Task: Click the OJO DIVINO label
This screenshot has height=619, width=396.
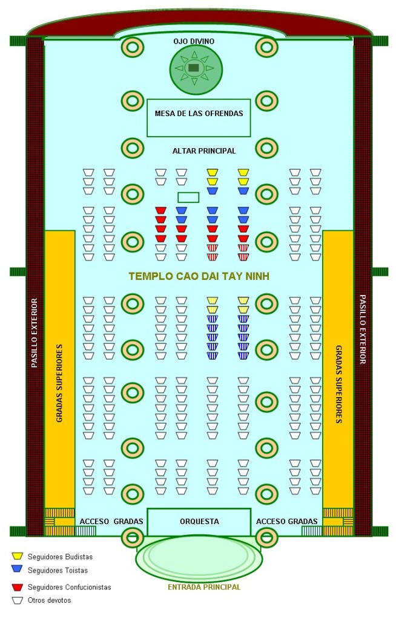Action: coord(194,42)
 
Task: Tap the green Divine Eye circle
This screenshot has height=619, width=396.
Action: coord(196,69)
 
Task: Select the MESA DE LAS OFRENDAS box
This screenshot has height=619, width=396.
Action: coord(199,118)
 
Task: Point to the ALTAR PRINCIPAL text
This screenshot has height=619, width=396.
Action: coord(204,151)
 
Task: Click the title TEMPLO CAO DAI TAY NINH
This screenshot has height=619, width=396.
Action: coord(199,276)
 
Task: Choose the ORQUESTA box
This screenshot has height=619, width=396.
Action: coord(199,522)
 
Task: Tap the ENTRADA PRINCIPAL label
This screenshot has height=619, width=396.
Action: coord(204,587)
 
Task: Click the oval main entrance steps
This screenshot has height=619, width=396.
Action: coord(199,557)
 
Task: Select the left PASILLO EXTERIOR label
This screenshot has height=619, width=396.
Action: coord(35,333)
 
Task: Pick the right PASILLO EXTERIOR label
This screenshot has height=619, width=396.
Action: coord(362,329)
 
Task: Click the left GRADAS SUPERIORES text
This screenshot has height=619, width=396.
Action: coord(59,383)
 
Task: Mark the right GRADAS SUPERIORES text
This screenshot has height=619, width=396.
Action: coord(339,384)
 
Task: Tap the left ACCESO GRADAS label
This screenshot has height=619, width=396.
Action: coord(111,522)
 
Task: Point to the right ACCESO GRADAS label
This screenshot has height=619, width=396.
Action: coord(287,522)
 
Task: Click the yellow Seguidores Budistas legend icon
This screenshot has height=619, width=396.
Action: coord(17,556)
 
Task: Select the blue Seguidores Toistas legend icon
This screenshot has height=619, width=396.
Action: coord(17,569)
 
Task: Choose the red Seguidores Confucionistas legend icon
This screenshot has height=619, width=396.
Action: coord(17,586)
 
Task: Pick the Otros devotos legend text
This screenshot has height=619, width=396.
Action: coord(50,600)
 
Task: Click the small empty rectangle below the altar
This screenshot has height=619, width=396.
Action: coord(188,198)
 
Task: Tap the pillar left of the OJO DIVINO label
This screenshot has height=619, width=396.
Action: coord(133,47)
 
